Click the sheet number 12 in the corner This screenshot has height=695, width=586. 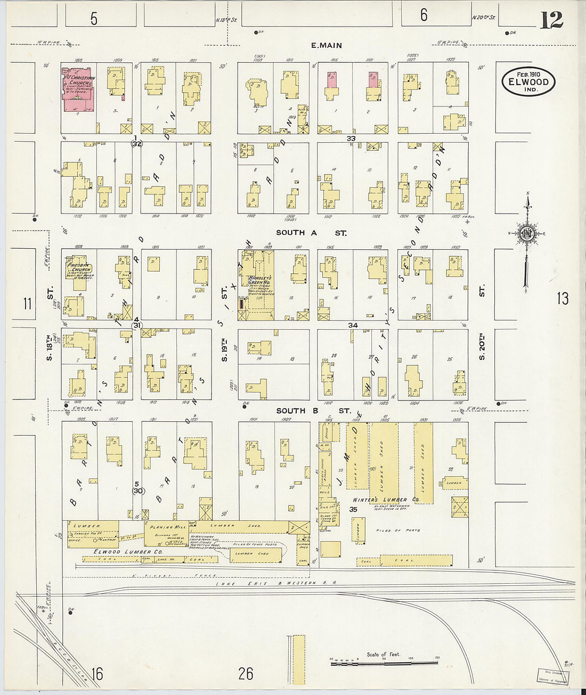551,21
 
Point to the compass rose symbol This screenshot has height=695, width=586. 527,233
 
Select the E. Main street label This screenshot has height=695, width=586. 327,46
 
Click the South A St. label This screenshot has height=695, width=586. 311,233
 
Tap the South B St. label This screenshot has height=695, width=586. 313,411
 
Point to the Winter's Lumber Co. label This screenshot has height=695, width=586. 387,500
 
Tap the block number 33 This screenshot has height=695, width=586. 351,138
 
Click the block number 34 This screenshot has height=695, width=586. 353,325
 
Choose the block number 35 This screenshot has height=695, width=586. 353,510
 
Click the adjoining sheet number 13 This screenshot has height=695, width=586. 563,299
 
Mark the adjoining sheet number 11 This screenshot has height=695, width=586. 27,304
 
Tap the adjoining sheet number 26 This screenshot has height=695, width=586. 246,674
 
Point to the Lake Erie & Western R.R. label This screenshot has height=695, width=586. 276,583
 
